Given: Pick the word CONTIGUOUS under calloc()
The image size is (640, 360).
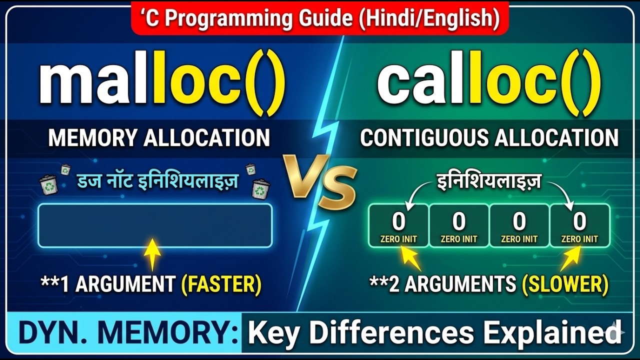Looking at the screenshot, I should (423, 138).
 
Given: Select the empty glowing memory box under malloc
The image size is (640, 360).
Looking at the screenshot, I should (155, 225).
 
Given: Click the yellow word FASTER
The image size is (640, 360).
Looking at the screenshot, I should (221, 284).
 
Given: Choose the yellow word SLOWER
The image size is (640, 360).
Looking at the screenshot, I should (565, 284).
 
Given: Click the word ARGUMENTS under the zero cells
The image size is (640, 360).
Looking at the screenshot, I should (460, 284).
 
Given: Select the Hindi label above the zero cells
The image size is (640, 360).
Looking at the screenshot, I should (488, 182).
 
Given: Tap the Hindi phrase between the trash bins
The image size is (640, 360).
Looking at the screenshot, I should (157, 181).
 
